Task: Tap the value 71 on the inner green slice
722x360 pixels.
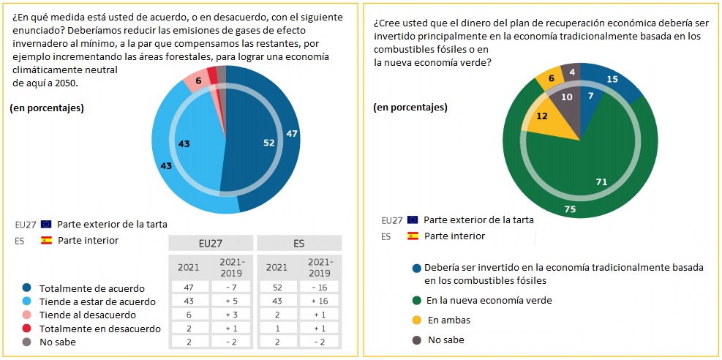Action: (603, 181)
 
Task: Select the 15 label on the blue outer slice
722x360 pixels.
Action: (613, 79)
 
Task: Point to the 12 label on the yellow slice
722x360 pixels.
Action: (542, 116)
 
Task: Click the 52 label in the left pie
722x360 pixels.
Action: (269, 143)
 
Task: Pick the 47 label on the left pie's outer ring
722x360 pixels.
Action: (291, 134)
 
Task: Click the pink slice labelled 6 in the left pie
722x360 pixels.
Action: (198, 80)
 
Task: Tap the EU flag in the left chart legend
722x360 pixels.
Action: (47, 224)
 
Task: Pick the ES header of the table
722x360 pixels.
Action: (299, 243)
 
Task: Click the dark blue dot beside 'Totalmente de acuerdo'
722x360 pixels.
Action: (27, 288)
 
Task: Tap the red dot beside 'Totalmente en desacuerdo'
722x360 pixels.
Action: (27, 329)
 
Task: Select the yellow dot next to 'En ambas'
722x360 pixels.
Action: (416, 320)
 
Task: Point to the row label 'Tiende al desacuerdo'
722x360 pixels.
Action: (87, 315)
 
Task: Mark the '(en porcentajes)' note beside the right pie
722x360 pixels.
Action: (410, 108)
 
